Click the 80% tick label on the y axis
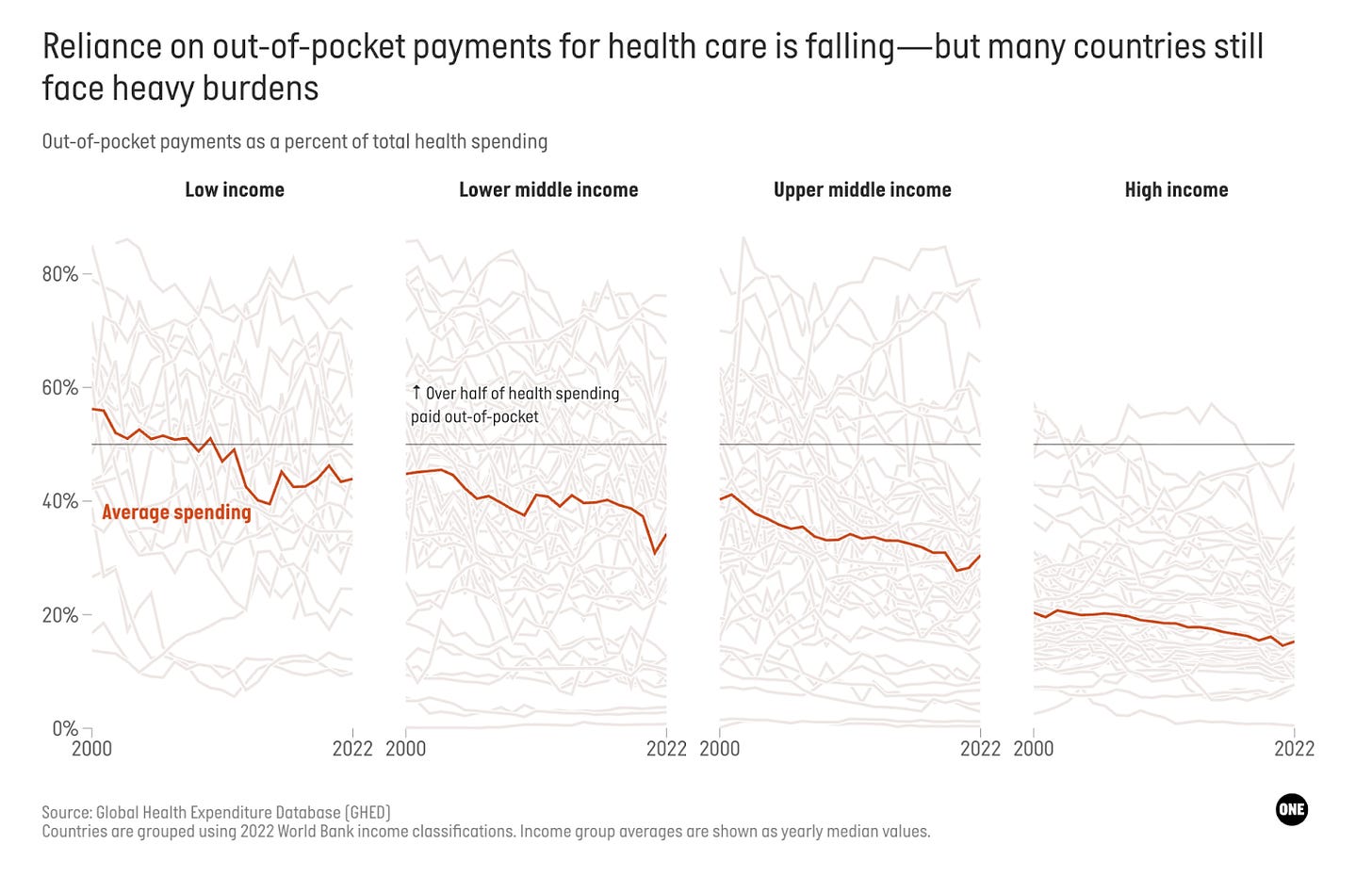pos(59,274)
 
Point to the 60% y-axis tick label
pos(59,388)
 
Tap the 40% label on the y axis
pos(59,501)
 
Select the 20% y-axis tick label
pos(59,615)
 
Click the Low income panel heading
pos(235,189)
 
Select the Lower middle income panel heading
pos(548,189)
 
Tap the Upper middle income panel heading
pos(862,189)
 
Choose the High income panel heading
pos(1176,189)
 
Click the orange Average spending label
pos(176,512)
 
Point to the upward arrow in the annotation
pos(416,392)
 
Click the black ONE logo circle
pos(1291,809)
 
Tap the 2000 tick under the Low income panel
pos(91,749)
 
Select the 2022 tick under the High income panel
pos(1294,749)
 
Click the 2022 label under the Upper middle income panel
pos(980,749)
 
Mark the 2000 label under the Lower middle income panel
pos(406,749)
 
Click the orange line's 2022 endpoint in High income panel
pos(1294,642)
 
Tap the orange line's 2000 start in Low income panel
pos(92,409)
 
